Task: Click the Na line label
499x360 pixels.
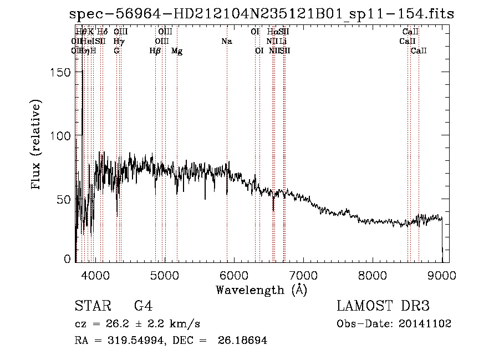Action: [226, 41]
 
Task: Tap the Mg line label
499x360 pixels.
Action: [177, 51]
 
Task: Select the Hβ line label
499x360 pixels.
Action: [155, 50]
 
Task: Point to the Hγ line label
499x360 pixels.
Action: [119, 41]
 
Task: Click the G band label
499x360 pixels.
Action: [116, 50]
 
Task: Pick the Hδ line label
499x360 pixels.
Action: [102, 32]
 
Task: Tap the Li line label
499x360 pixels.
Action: [283, 41]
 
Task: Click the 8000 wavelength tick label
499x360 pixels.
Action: [372, 275]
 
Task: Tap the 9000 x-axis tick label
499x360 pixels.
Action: [441, 275]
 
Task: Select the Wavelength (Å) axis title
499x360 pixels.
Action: [261, 289]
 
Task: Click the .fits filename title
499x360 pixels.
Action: [261, 14]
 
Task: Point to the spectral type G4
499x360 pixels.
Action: [143, 306]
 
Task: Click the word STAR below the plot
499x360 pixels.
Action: [89, 306]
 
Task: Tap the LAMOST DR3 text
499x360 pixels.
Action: [383, 306]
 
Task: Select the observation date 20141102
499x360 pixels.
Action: [426, 324]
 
